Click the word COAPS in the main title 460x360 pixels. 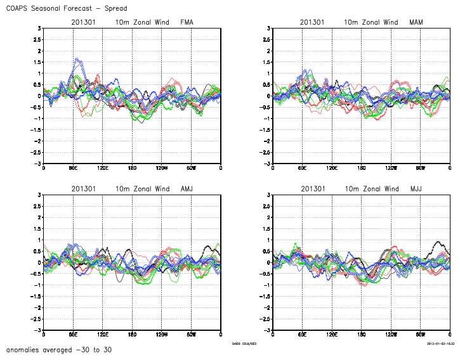[19, 8]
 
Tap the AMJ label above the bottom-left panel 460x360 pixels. [187, 189]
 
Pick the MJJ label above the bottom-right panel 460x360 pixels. [416, 189]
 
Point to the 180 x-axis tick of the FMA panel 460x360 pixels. [132, 168]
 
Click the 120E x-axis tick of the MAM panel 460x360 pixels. [332, 168]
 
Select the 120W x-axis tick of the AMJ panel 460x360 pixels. [161, 334]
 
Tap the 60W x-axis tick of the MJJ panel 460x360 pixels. [421, 334]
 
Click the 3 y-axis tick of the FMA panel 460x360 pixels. [39, 29]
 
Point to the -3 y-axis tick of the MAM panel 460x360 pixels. [267, 164]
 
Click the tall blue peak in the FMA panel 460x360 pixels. [77, 60]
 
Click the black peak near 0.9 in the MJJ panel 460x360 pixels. [437, 241]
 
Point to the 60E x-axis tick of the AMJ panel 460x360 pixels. [73, 334]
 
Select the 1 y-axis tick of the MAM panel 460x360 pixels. [269, 74]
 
